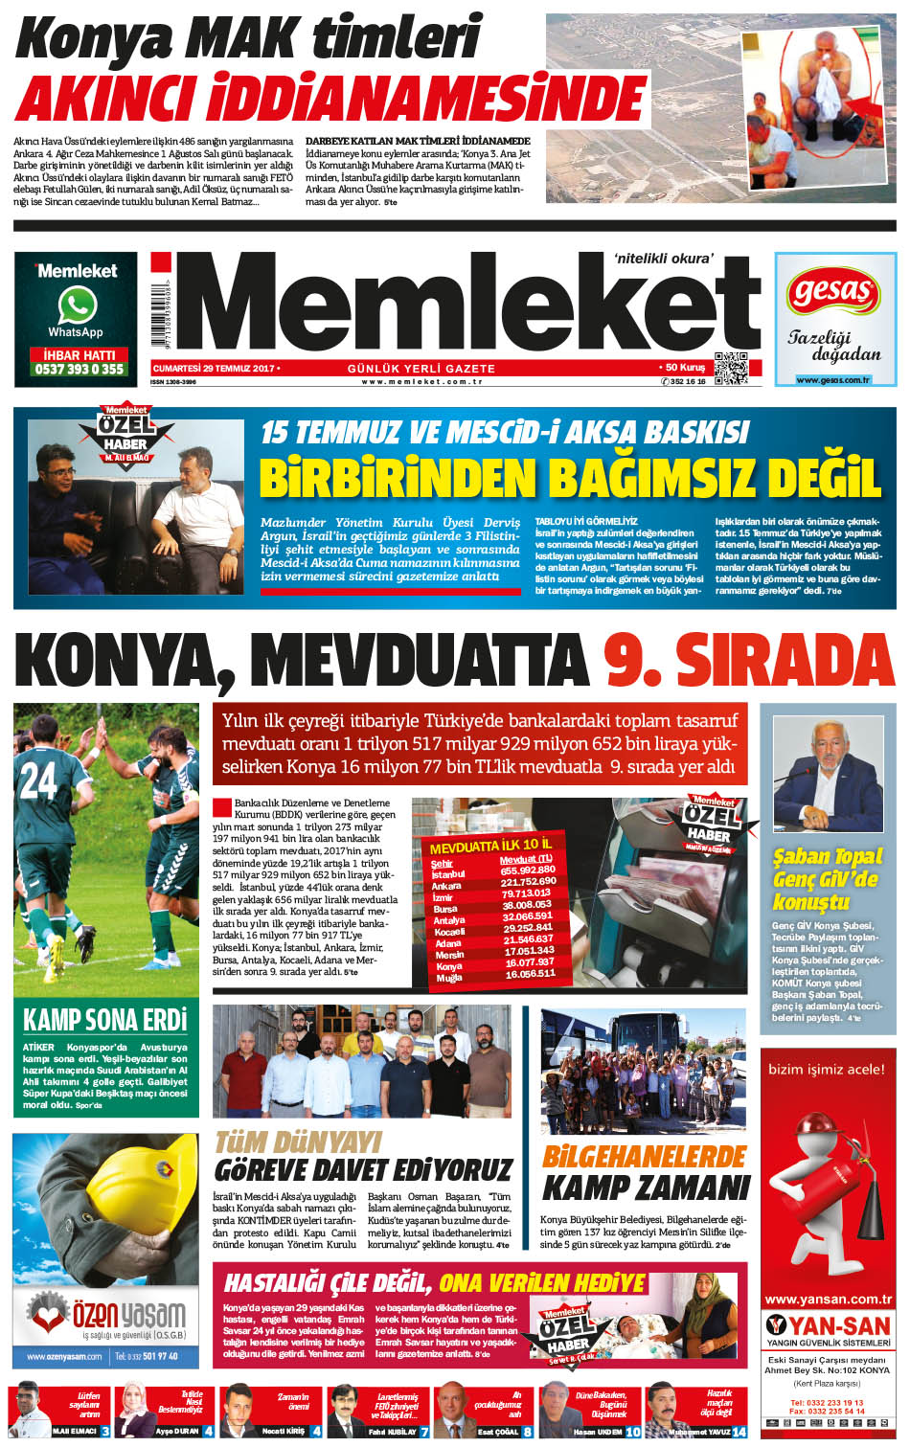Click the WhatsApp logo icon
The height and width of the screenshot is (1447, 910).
[77, 305]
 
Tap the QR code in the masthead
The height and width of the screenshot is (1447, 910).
[730, 368]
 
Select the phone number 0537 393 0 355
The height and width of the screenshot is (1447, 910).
[79, 369]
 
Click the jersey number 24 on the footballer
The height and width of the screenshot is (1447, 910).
[38, 780]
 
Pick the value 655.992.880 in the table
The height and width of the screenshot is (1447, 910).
[527, 870]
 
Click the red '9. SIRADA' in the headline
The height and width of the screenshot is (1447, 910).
[748, 661]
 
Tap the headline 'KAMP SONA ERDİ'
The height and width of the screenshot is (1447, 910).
[105, 1020]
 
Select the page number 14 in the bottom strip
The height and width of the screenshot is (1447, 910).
[739, 1432]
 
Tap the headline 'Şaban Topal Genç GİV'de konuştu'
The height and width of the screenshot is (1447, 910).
[827, 878]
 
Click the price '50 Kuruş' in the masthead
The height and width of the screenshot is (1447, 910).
[683, 368]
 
